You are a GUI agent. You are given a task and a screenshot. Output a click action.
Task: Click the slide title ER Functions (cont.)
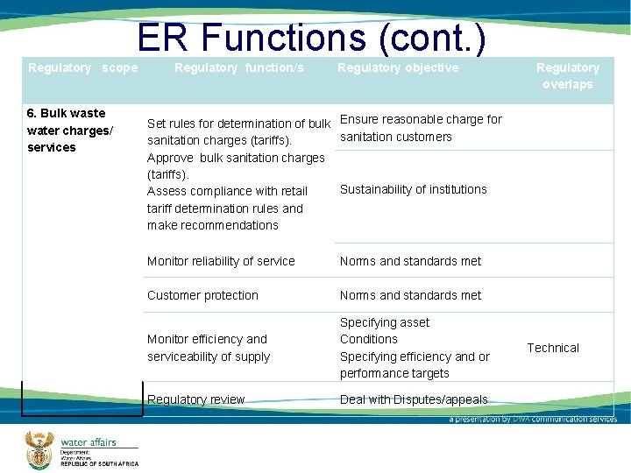(311, 38)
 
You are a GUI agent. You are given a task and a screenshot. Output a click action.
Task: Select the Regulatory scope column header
(82, 67)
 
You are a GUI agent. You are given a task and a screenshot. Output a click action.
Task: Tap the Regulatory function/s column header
(239, 67)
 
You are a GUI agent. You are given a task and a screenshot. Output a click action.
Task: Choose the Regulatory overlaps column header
(567, 76)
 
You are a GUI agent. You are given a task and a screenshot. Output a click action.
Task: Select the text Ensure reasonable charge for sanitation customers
(420, 128)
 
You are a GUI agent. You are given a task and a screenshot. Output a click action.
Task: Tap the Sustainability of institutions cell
(413, 189)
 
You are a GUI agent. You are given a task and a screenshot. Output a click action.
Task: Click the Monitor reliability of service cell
(221, 261)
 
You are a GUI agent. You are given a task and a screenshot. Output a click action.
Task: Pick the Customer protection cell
(202, 295)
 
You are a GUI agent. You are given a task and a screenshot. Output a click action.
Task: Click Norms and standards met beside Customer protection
(410, 295)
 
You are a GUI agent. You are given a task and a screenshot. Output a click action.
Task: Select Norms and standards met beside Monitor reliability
(410, 261)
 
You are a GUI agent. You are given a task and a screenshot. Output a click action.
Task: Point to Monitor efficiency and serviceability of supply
(209, 348)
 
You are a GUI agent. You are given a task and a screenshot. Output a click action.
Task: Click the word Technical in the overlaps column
(552, 348)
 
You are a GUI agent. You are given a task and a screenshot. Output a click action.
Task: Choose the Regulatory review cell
(196, 399)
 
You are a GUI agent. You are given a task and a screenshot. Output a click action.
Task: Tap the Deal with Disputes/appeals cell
(414, 399)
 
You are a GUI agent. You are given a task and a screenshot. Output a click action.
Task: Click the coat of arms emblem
(39, 448)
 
